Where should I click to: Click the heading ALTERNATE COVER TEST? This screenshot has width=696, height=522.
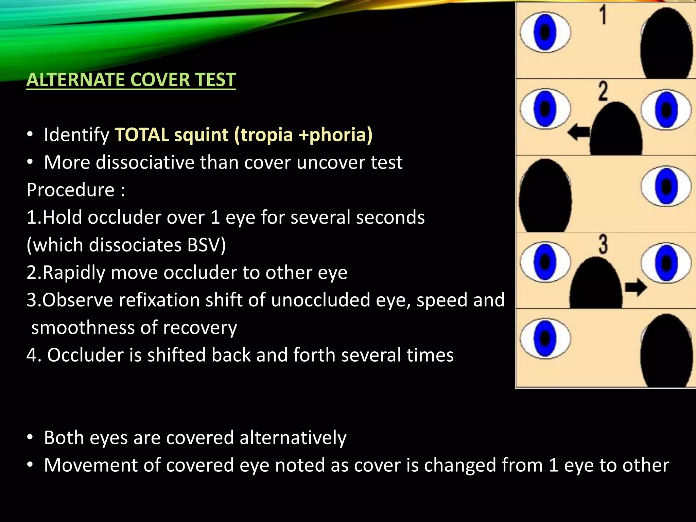click(131, 80)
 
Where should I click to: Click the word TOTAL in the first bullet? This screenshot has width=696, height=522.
click(142, 135)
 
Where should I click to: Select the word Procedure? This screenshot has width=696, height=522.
click(70, 190)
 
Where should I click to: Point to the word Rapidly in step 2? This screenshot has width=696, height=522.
click(74, 273)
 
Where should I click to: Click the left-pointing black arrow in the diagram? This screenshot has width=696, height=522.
click(579, 132)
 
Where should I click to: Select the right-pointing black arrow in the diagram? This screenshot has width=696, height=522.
click(636, 287)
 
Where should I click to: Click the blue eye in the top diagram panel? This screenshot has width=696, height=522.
click(545, 32)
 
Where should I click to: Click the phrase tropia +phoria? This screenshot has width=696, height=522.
click(303, 135)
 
